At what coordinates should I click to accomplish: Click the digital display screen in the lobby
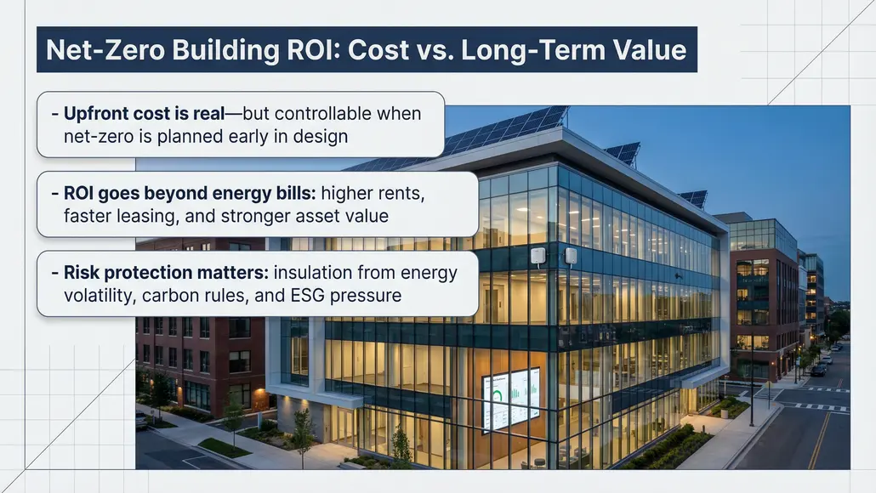click(511, 397)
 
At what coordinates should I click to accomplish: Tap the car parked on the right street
click(818, 371)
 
